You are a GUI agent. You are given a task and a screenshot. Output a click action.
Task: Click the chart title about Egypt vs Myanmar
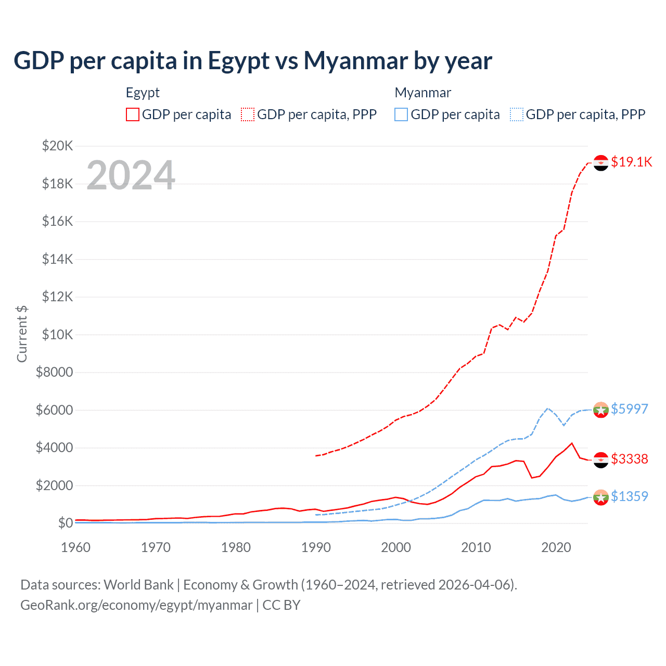253,61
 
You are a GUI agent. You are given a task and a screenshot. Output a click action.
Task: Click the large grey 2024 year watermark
131,175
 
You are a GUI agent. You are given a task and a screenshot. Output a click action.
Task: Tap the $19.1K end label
631,162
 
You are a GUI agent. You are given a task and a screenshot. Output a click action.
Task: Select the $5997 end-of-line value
629,409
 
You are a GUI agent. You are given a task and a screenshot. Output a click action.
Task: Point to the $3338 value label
629,459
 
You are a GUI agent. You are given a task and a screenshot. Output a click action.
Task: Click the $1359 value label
629,496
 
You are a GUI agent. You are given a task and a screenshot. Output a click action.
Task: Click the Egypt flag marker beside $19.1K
601,163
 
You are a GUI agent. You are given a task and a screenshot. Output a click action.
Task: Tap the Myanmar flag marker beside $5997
601,410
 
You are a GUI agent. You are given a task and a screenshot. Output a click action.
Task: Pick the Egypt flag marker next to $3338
601,460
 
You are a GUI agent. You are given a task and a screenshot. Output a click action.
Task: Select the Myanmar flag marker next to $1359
601,497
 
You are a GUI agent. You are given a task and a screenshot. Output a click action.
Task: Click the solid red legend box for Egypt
133,114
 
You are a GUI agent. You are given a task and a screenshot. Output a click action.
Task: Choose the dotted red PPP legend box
248,114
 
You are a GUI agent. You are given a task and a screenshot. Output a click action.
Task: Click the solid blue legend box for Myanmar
401,114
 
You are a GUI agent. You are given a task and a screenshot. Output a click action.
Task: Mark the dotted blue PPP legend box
517,114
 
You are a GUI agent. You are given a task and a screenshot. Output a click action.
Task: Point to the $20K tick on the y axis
58,146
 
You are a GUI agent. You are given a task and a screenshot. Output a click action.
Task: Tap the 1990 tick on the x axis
316,547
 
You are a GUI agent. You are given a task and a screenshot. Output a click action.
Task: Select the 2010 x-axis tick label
476,547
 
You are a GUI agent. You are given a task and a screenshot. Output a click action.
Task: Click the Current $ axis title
22,334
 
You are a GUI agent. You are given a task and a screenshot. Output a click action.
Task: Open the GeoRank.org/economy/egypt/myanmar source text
136,605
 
